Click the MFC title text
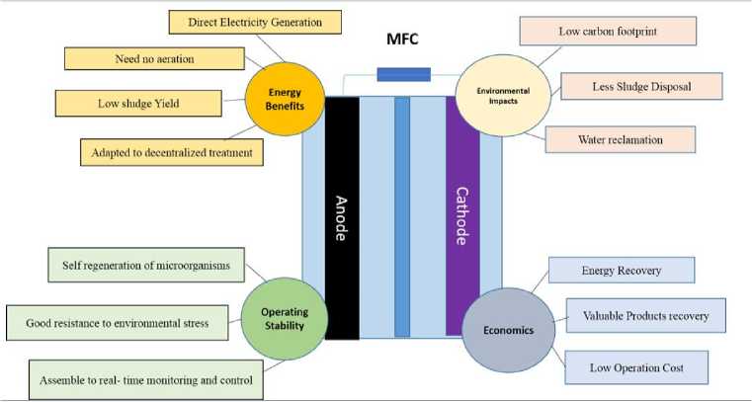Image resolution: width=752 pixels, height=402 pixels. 403,43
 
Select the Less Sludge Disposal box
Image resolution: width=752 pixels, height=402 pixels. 642,88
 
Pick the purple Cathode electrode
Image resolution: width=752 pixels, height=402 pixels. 462,217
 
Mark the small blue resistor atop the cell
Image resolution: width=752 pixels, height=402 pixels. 403,74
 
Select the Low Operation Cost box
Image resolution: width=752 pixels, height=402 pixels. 636,367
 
